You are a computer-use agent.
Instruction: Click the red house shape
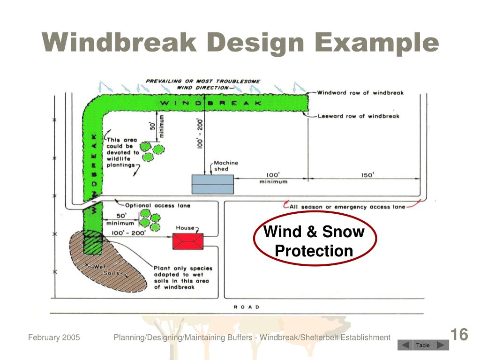pyautogui.click(x=188, y=241)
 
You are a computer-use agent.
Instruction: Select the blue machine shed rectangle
pyautogui.click(x=212, y=184)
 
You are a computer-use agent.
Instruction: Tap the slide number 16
pyautogui.click(x=459, y=335)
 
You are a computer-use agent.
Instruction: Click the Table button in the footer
pyautogui.click(x=423, y=345)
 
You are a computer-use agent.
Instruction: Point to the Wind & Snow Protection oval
pyautogui.click(x=314, y=241)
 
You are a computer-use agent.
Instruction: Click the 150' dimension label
pyautogui.click(x=367, y=175)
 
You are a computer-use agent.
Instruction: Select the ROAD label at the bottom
pyautogui.click(x=247, y=307)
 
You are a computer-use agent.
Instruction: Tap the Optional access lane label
pyautogui.click(x=157, y=205)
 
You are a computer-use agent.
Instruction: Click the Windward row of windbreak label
pyautogui.click(x=360, y=93)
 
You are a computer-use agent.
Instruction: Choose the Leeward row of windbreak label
pyautogui.click(x=359, y=116)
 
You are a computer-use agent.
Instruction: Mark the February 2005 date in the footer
pyautogui.click(x=54, y=337)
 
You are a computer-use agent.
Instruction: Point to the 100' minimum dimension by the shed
pyautogui.click(x=273, y=178)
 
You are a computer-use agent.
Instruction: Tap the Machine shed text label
pyautogui.click(x=225, y=166)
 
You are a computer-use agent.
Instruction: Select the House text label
pyautogui.click(x=185, y=228)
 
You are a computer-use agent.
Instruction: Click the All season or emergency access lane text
pyautogui.click(x=347, y=207)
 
